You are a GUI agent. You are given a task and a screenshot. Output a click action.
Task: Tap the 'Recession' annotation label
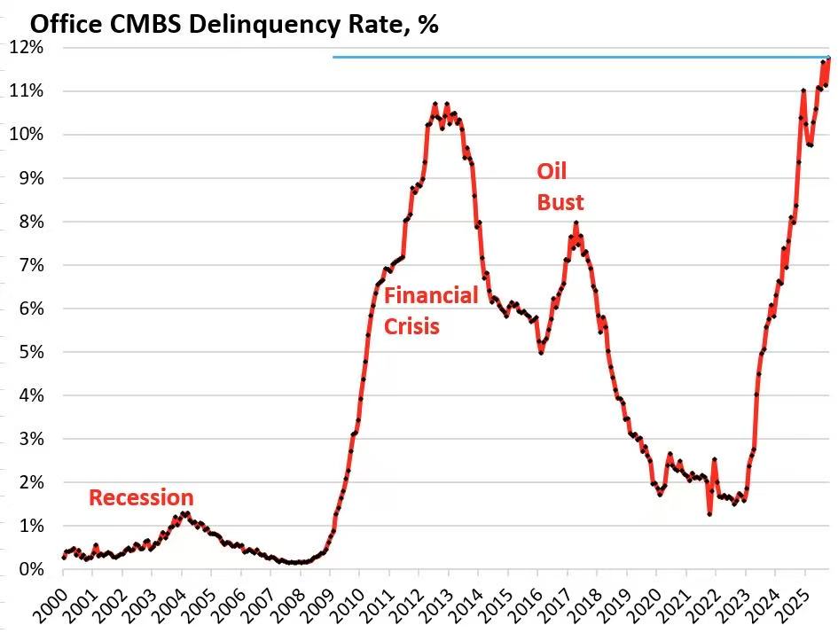141,498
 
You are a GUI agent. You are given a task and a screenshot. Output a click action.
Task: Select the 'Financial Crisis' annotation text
431,310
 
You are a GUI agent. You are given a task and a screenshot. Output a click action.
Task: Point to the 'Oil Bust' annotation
560,186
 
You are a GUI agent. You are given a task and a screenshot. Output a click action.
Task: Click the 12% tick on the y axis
27,48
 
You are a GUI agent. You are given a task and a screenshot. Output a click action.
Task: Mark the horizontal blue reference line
576,58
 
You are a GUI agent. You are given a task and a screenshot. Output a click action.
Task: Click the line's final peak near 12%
828,59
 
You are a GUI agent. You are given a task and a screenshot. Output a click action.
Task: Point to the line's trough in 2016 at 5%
541,353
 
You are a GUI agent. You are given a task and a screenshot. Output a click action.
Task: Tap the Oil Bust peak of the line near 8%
576,223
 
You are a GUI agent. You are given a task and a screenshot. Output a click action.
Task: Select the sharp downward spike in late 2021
709,513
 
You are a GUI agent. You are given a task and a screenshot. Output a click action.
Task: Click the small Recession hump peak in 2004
184,513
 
